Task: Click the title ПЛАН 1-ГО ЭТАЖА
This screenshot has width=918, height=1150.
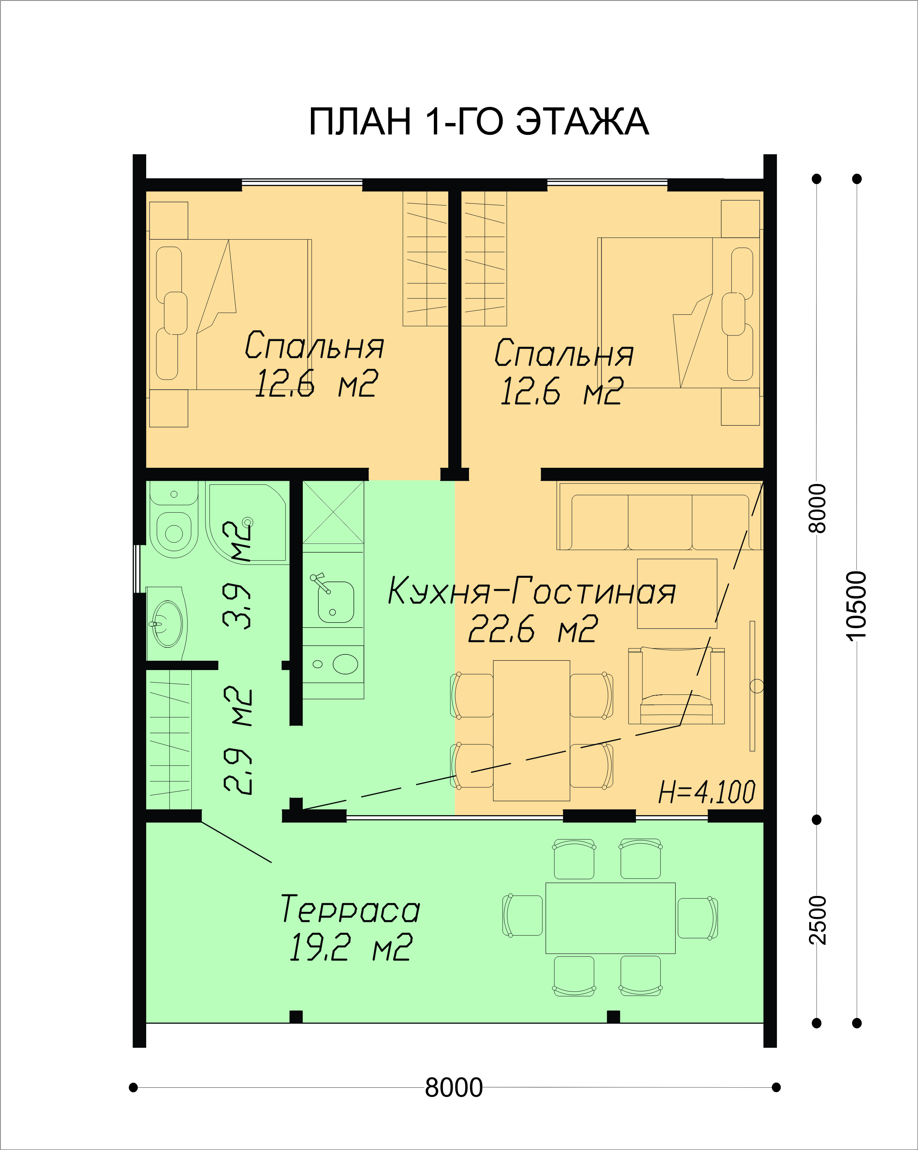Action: tap(479, 121)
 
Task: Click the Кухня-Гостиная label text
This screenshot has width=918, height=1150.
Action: tap(532, 590)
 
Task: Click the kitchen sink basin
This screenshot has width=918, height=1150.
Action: tap(336, 602)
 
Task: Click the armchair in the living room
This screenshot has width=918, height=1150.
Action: tap(676, 686)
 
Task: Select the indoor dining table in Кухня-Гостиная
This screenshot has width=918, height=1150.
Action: tap(532, 731)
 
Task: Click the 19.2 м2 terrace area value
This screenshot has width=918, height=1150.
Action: tap(350, 947)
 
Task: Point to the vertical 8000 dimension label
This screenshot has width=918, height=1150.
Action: tap(817, 508)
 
